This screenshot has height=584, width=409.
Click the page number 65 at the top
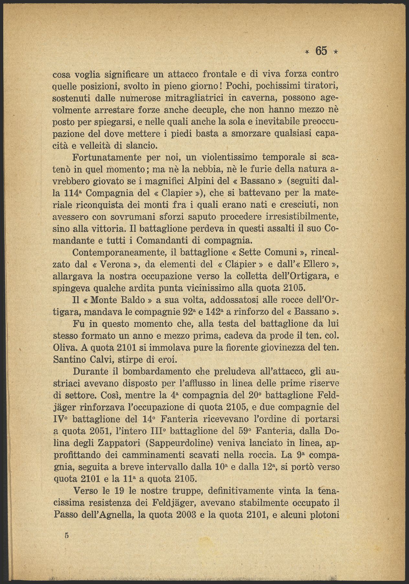tap(322, 51)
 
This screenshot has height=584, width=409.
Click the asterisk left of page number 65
tap(307, 52)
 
